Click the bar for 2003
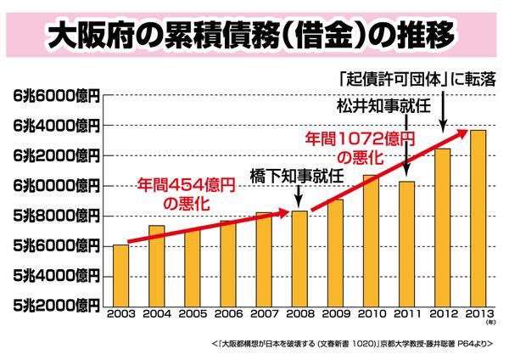click(x=120, y=273)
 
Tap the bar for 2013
click(x=478, y=217)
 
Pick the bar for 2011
click(x=407, y=242)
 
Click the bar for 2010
click(x=372, y=239)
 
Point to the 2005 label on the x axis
click(x=193, y=311)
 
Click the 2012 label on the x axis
click(x=443, y=311)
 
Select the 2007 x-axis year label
click(x=264, y=311)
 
